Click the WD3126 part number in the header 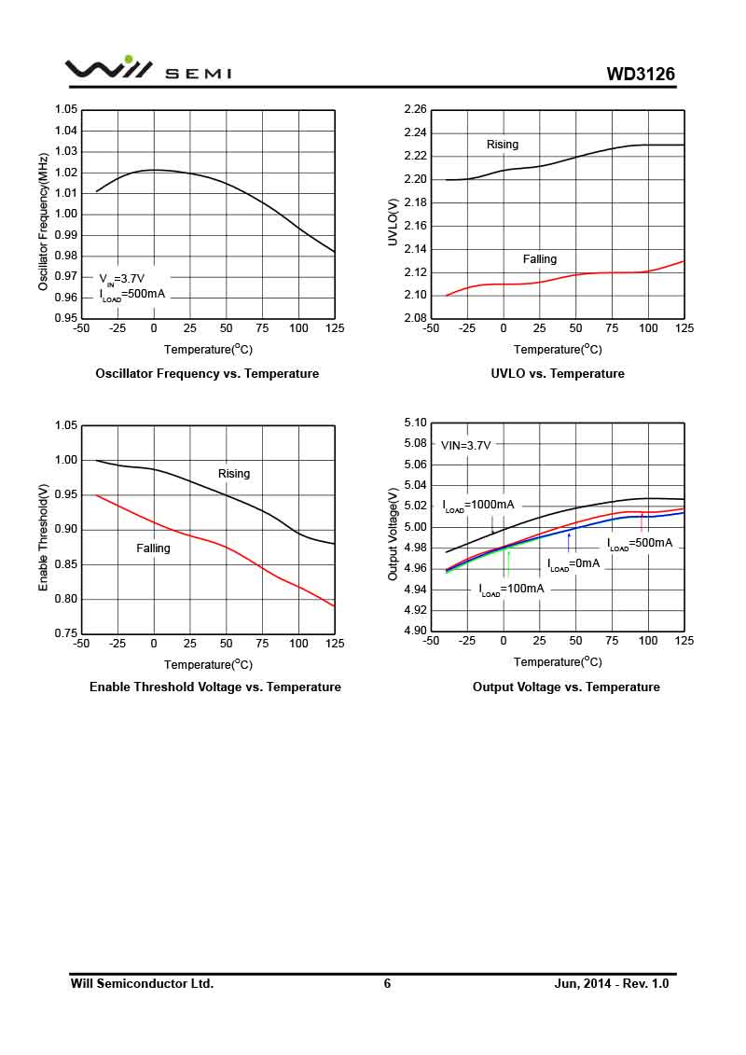pos(641,74)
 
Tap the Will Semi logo pos(147,69)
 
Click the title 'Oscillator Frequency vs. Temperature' pos(207,373)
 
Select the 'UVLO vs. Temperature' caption pos(558,373)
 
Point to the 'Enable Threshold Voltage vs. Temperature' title pos(215,687)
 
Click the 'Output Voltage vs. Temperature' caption pos(566,687)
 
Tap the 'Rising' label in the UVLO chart pos(503,145)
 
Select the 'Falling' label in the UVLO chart pos(539,259)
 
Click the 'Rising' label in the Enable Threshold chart pos(234,474)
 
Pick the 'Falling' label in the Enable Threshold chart pos(154,548)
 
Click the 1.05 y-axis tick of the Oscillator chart pos(66,110)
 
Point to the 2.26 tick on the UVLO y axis pos(415,110)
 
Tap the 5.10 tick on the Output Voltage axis pos(415,423)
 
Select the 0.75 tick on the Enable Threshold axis pos(66,633)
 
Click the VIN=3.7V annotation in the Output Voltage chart pos(465,446)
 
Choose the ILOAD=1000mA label pos(478,506)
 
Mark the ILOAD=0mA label pos(573,564)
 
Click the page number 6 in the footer pos(387,983)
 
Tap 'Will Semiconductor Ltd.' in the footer pos(142,983)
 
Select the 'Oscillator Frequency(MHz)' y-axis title pos(43,222)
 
